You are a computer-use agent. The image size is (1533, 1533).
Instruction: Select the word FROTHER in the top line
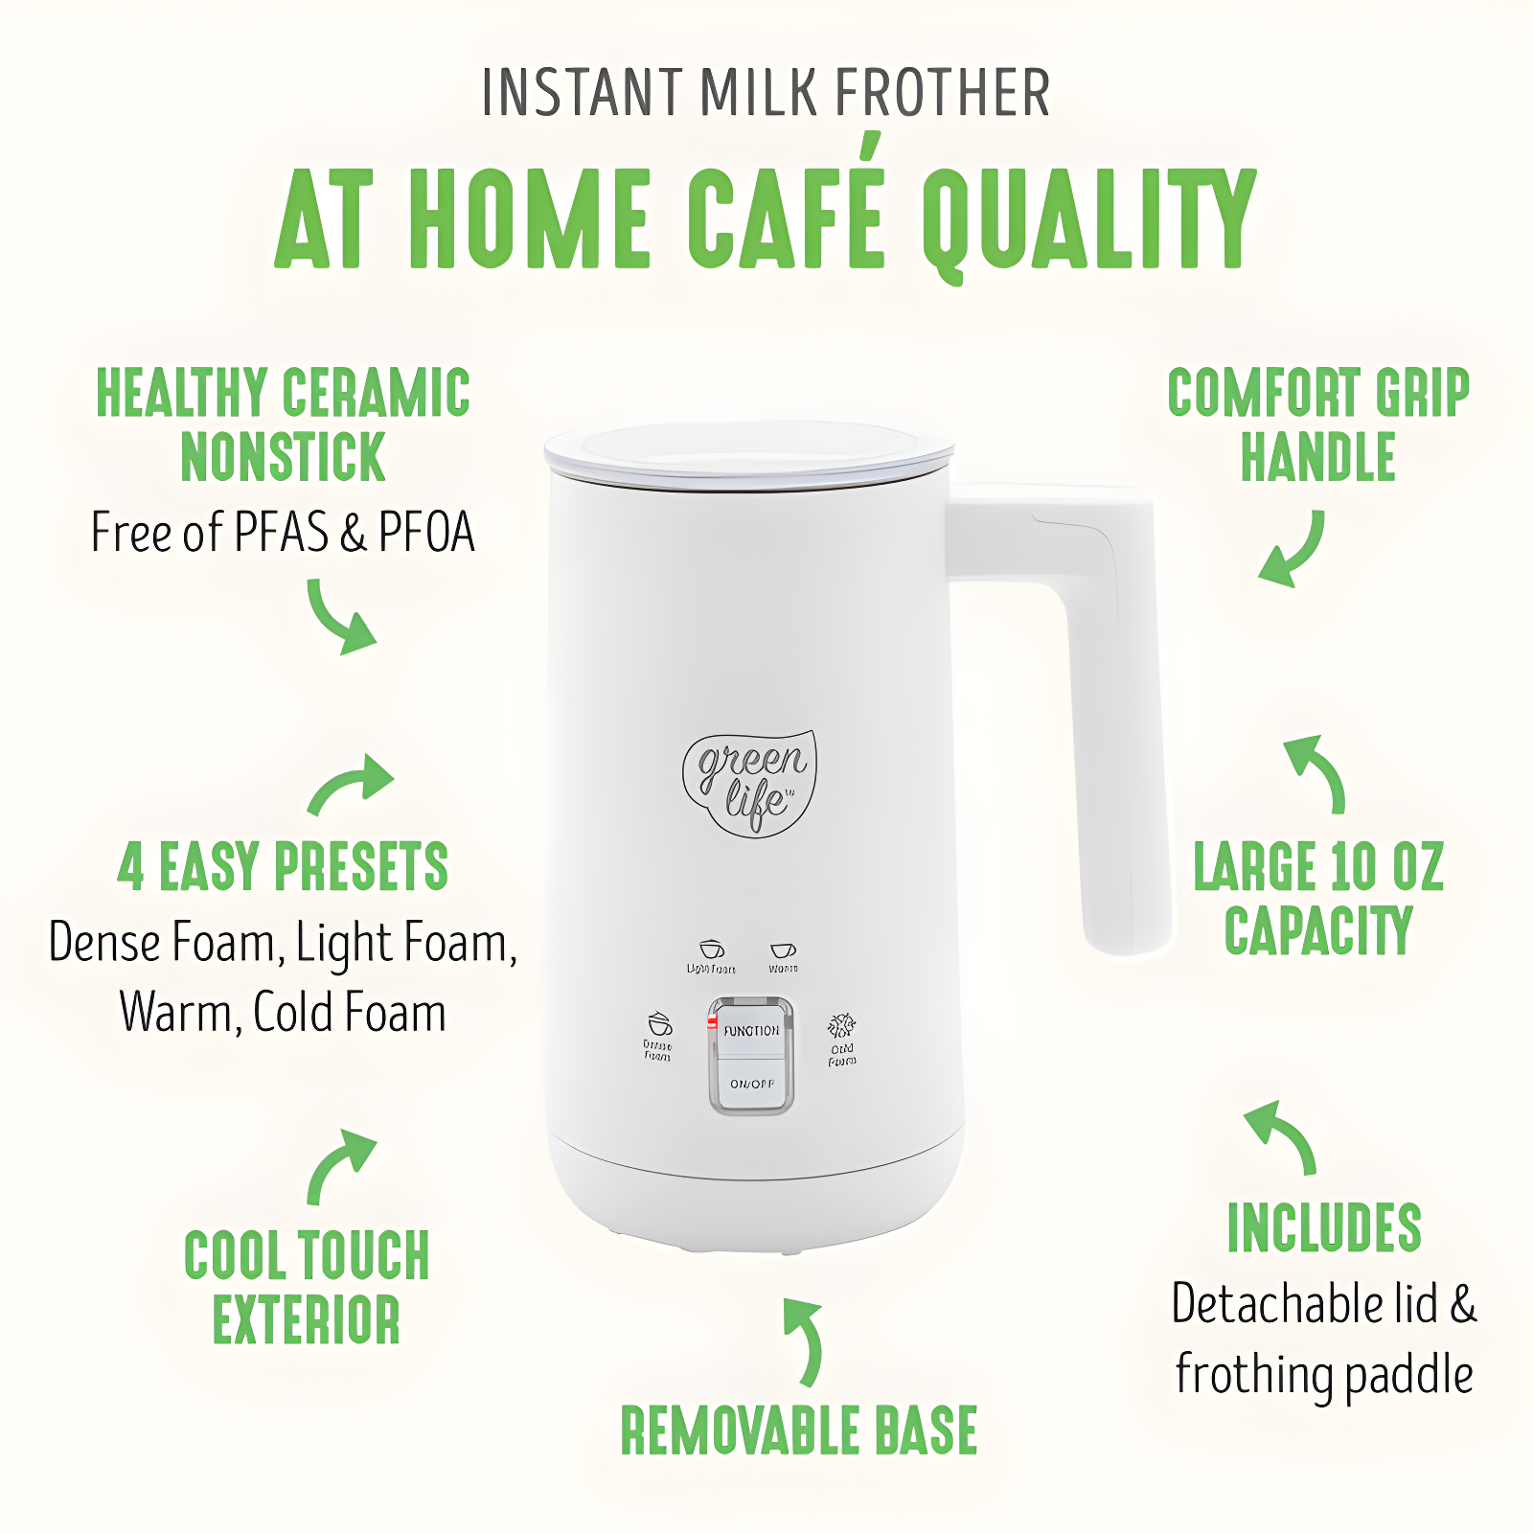(943, 93)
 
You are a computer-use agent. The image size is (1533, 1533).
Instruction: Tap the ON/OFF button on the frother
(751, 1084)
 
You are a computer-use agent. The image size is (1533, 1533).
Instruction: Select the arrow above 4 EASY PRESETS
(351, 785)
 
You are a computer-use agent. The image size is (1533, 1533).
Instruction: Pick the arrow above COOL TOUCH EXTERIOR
(339, 1163)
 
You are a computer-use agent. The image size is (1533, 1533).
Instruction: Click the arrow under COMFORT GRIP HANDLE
(1293, 551)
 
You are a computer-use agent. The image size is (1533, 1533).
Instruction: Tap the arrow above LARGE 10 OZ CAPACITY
(1318, 772)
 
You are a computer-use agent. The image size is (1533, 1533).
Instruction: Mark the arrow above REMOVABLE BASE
(805, 1341)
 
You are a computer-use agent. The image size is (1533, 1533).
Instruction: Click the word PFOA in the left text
(427, 533)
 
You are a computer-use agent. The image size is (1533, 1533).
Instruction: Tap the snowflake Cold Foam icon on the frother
(841, 1025)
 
